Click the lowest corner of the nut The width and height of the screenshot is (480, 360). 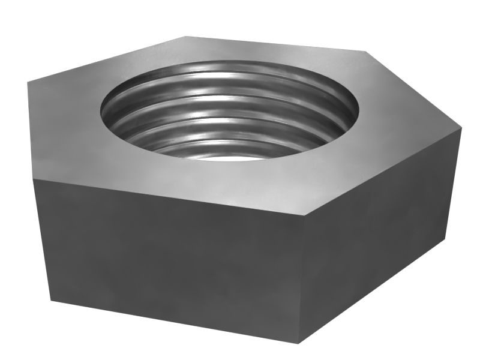pyautogui.click(x=299, y=343)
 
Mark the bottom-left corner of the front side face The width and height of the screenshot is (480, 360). pyautogui.click(x=51, y=301)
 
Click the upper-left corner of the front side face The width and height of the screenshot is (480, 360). pyautogui.click(x=34, y=178)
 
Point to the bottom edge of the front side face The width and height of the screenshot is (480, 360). pyautogui.click(x=174, y=322)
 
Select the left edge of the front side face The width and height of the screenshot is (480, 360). pyautogui.click(x=42, y=240)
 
